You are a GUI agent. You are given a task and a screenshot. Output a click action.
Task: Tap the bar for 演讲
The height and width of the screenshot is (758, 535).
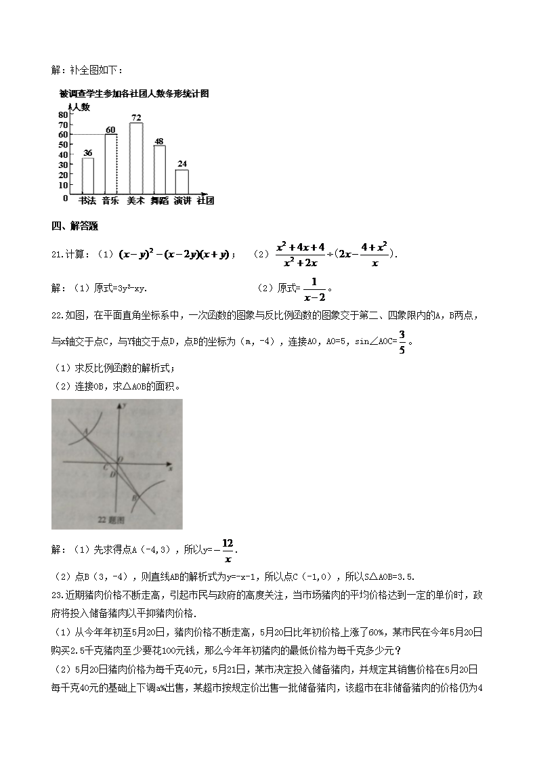tap(181, 182)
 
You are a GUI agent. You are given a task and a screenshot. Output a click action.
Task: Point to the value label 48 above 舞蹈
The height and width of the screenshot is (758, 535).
tap(159, 141)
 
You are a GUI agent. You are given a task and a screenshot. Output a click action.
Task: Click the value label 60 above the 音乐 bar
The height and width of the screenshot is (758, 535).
tap(111, 129)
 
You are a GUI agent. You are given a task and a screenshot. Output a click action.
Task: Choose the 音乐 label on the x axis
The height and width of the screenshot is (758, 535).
tap(111, 201)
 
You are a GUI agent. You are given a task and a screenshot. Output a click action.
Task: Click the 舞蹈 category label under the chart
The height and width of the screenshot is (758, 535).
tap(159, 201)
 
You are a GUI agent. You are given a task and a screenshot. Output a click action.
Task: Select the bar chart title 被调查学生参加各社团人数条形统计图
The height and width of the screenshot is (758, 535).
tap(133, 94)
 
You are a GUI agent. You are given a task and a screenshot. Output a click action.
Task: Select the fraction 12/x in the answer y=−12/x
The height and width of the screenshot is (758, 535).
tap(228, 551)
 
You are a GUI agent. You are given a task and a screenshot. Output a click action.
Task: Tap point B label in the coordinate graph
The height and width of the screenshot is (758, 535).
tap(134, 499)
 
